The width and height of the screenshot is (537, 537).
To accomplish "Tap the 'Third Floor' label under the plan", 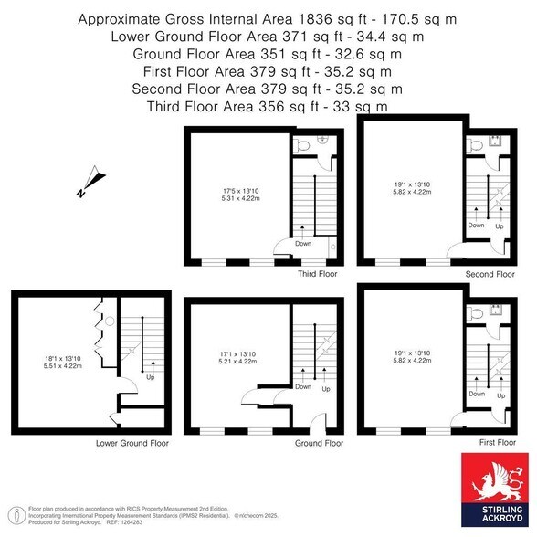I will pyautogui.click(x=319, y=273).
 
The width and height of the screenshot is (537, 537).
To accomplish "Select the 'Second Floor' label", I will pyautogui.click(x=491, y=273).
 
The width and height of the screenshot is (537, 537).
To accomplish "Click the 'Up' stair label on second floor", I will pyautogui.click(x=499, y=225).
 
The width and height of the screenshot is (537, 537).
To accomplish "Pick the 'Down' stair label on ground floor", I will pyautogui.click(x=303, y=386).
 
